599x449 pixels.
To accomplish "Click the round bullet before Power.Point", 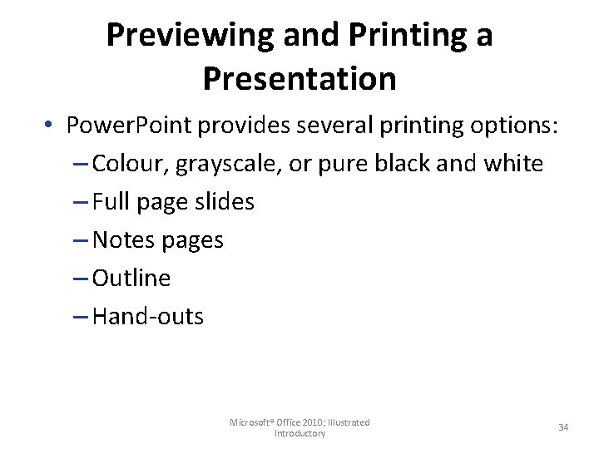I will (x=52, y=126).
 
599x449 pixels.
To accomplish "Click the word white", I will (x=512, y=163).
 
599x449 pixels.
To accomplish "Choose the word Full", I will (x=111, y=202).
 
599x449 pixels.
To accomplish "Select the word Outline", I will (x=131, y=279).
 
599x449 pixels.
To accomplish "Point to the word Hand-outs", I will (x=148, y=317).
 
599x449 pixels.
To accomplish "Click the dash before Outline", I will (x=81, y=279).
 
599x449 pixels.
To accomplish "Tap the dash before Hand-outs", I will (x=81, y=318).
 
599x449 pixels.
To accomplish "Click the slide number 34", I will (x=563, y=427).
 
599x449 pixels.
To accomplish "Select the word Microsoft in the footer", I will (x=251, y=422).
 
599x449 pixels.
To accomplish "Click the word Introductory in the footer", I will (x=299, y=433).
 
